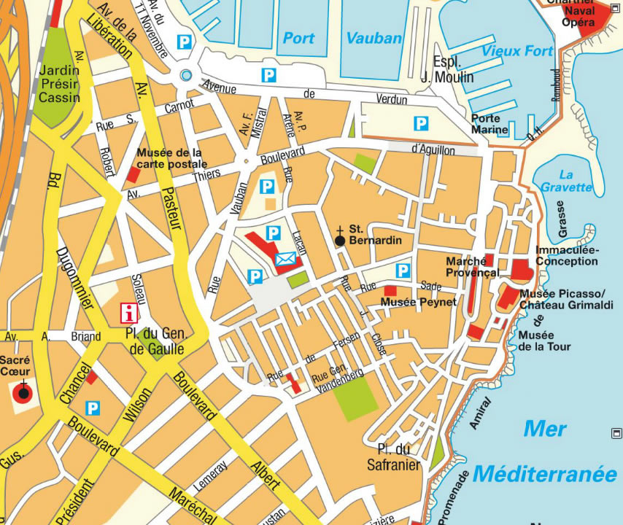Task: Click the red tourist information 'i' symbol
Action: (130, 314)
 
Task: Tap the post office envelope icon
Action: (285, 258)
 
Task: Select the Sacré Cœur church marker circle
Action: (23, 393)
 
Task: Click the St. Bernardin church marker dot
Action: (340, 240)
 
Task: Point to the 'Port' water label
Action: (298, 38)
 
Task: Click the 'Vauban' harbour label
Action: (374, 38)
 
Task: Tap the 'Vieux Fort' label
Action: (517, 51)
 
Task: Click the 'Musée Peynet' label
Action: (419, 301)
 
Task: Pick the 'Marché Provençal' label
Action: (472, 267)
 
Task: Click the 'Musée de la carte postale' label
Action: (172, 158)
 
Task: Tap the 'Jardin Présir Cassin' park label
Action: (58, 85)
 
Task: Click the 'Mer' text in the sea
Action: (544, 429)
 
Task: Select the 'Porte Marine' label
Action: (486, 124)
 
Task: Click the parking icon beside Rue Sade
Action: (402, 271)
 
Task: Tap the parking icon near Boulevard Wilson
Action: (93, 408)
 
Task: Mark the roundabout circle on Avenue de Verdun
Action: (186, 75)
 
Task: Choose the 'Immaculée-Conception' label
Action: (567, 255)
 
